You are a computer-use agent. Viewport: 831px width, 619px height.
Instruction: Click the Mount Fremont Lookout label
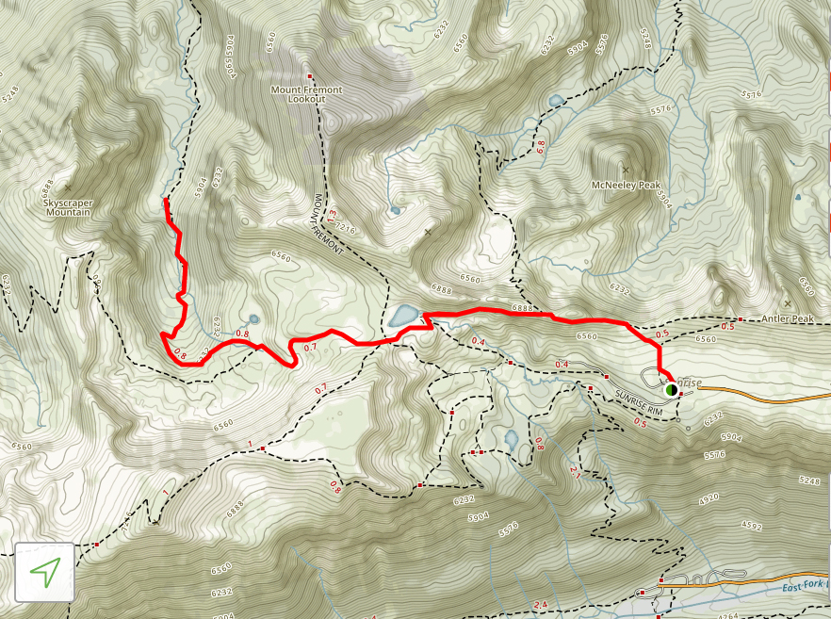(306, 94)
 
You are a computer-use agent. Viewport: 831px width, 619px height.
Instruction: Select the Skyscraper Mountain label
(67, 207)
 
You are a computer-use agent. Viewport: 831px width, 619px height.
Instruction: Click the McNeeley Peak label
(626, 186)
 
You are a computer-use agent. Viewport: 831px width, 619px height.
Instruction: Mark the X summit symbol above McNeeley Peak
(626, 171)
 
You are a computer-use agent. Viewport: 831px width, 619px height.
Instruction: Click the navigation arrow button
(45, 571)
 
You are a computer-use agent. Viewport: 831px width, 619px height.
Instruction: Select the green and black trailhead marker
(671, 389)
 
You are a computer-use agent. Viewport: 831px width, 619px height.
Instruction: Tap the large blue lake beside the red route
(404, 315)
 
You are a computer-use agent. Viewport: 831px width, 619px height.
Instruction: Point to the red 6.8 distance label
(540, 147)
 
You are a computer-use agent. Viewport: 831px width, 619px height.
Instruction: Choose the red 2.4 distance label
(540, 604)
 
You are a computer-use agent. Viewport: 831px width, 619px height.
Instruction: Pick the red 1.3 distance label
(332, 218)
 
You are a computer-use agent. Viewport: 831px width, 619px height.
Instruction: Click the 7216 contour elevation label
(346, 228)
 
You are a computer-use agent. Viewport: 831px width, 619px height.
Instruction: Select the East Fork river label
(804, 587)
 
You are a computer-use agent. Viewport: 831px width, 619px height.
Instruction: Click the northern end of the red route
(166, 200)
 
